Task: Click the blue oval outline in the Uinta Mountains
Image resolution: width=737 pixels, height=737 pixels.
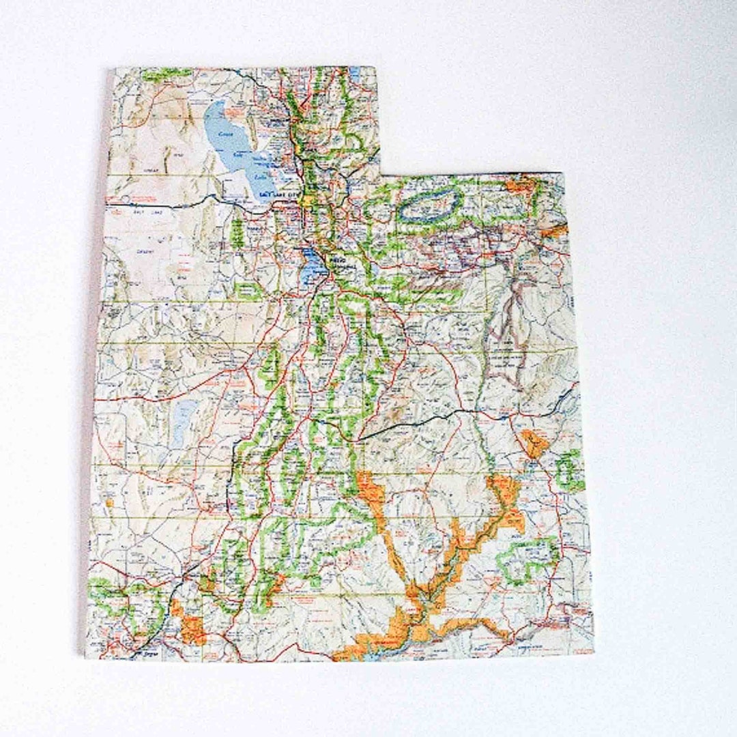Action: tap(428, 204)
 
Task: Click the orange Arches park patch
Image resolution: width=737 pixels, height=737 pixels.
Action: tap(534, 444)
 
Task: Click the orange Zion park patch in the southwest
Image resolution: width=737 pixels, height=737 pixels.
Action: tap(187, 621)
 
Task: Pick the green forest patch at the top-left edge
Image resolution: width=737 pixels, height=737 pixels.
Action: tap(157, 73)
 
